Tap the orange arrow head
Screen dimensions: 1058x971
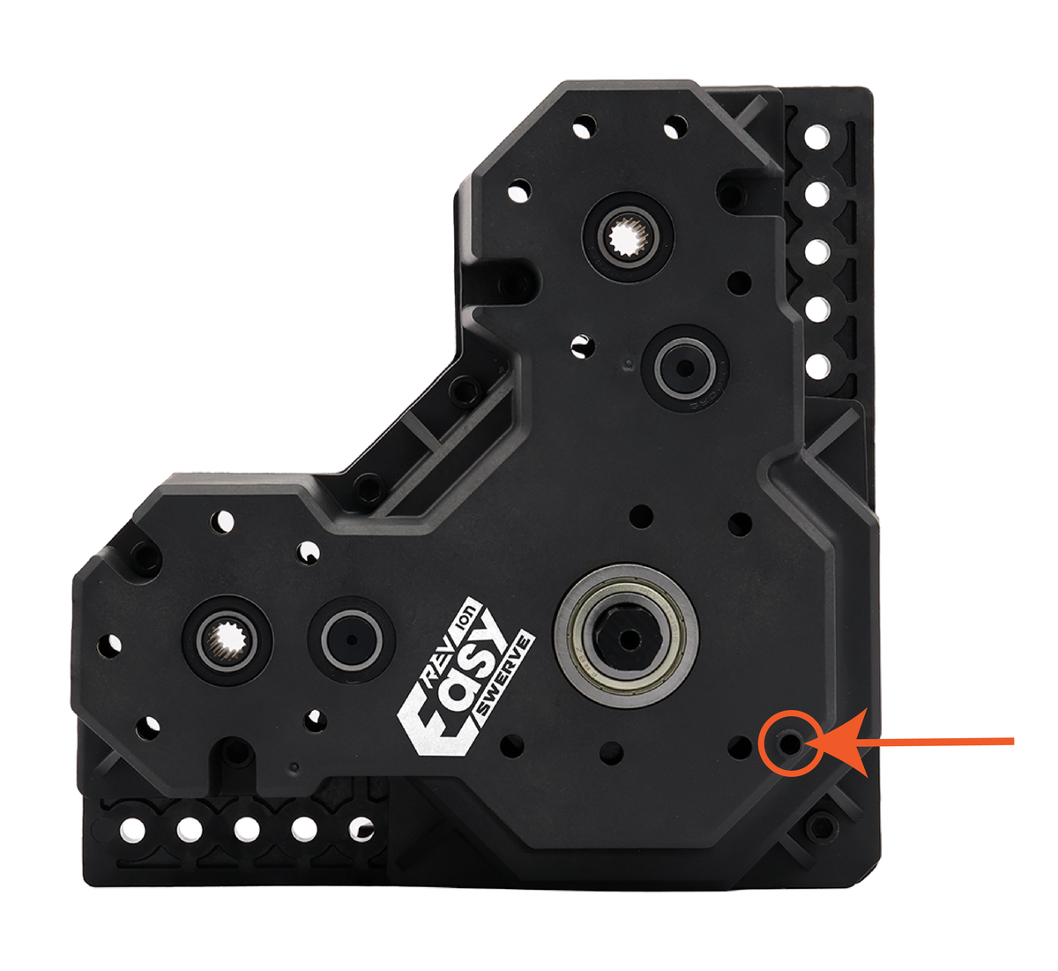click(x=838, y=743)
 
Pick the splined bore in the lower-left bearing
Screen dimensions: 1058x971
click(x=227, y=641)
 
